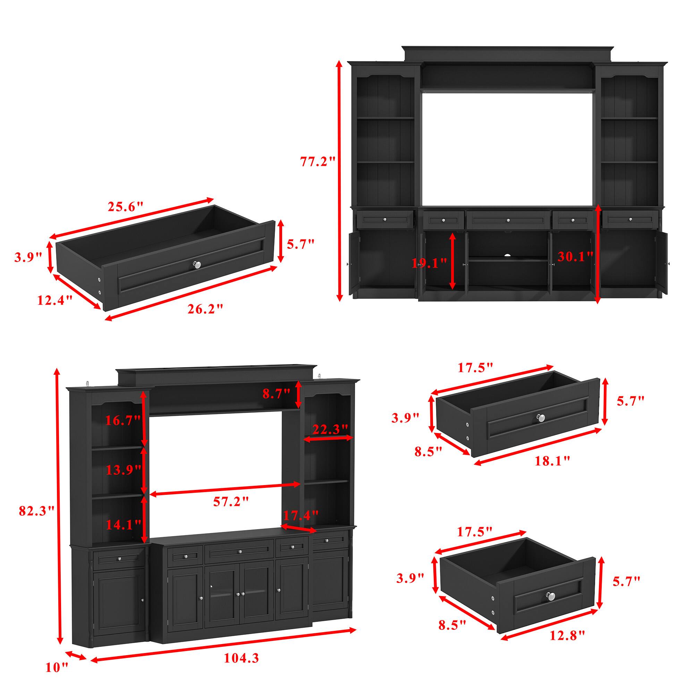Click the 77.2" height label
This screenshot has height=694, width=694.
coord(317,162)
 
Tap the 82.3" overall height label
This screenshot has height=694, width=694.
coord(36,510)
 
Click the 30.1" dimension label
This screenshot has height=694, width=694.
coord(575,256)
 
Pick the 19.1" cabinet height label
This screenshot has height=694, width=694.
coord(429,263)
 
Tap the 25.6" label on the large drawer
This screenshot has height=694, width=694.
coord(125,206)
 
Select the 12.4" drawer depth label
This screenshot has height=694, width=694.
coord(55,300)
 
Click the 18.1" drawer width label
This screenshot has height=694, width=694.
coord(552,461)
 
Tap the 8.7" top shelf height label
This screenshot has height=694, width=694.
coord(276,394)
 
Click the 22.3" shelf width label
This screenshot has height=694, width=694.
coord(330,429)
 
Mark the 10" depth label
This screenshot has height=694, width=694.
coord(57,667)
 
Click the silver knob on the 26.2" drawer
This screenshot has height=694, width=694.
coord(197,264)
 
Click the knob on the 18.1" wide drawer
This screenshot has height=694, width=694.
coord(541,417)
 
